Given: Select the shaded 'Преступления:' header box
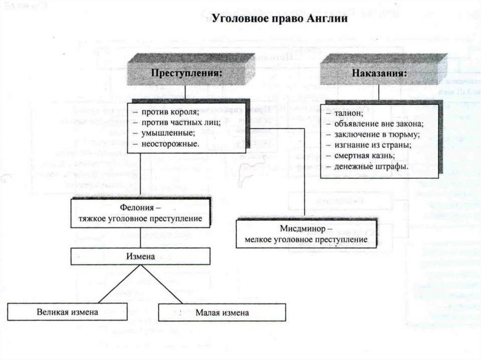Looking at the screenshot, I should coord(186,74).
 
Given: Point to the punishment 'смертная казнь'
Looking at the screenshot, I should coord(365,156).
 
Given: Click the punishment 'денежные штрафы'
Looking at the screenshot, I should coord(371,167).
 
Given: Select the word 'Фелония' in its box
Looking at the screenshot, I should coord(138,208).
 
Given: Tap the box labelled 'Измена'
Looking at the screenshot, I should coord(140,256).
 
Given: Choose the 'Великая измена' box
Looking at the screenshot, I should coord(68,312).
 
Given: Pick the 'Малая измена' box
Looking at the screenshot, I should coord(222,312).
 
